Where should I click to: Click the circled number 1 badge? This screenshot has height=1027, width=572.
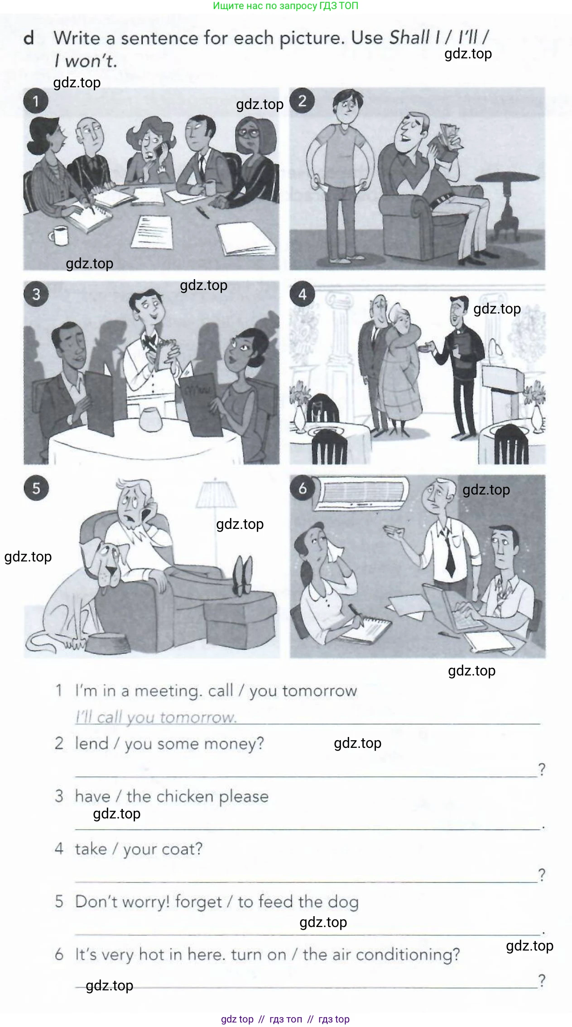36,101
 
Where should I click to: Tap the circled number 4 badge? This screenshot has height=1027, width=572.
302,295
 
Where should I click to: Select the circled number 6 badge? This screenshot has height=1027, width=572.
302,488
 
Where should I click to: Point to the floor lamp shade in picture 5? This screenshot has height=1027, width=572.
216,494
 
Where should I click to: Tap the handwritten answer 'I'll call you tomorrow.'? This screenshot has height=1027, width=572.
156,717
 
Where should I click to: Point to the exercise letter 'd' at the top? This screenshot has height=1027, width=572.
29,38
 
